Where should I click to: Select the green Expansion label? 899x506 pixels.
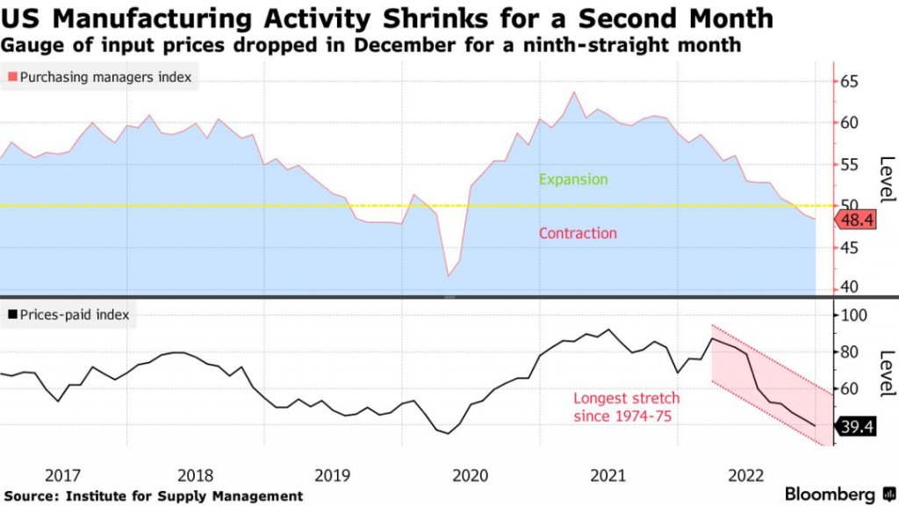click(x=572, y=179)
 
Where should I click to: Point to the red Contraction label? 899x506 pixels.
click(x=577, y=234)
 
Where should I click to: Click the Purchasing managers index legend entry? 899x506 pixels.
click(x=99, y=78)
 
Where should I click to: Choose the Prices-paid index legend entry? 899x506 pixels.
click(x=69, y=314)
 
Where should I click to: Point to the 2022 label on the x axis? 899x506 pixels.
click(x=744, y=475)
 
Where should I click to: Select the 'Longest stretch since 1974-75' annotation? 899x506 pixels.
click(x=626, y=407)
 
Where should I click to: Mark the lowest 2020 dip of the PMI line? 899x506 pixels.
click(x=449, y=277)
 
